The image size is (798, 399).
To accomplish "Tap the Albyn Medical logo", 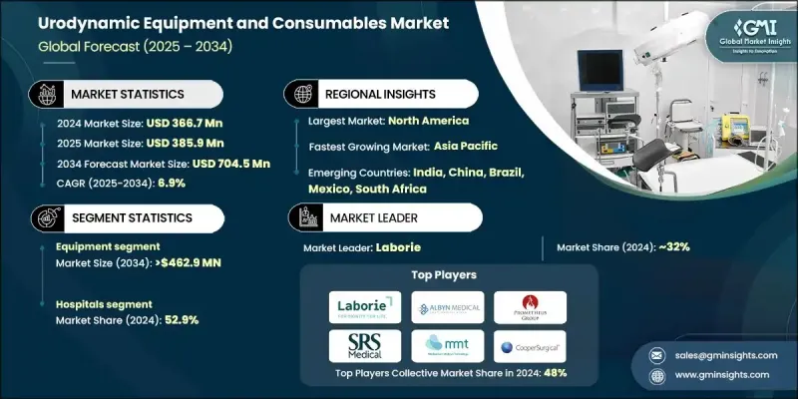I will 447,306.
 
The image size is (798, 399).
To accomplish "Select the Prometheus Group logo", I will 530,306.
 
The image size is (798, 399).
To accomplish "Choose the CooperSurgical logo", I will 530,346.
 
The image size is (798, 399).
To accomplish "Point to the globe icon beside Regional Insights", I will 300,93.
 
